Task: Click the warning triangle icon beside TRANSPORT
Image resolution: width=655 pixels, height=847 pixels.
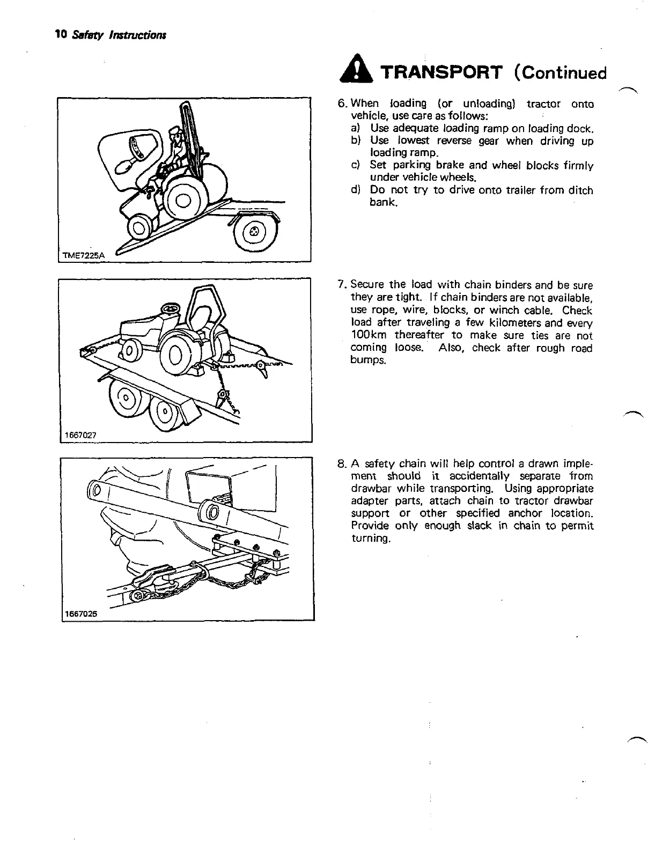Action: (x=352, y=72)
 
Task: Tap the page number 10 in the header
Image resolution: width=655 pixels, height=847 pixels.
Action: (x=60, y=34)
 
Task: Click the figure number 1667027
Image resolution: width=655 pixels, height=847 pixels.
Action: (x=80, y=436)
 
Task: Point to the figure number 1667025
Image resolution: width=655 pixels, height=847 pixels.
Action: (x=80, y=614)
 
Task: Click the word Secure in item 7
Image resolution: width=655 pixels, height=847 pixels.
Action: (x=367, y=285)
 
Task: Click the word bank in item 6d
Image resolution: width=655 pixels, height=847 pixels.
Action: (x=382, y=203)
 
